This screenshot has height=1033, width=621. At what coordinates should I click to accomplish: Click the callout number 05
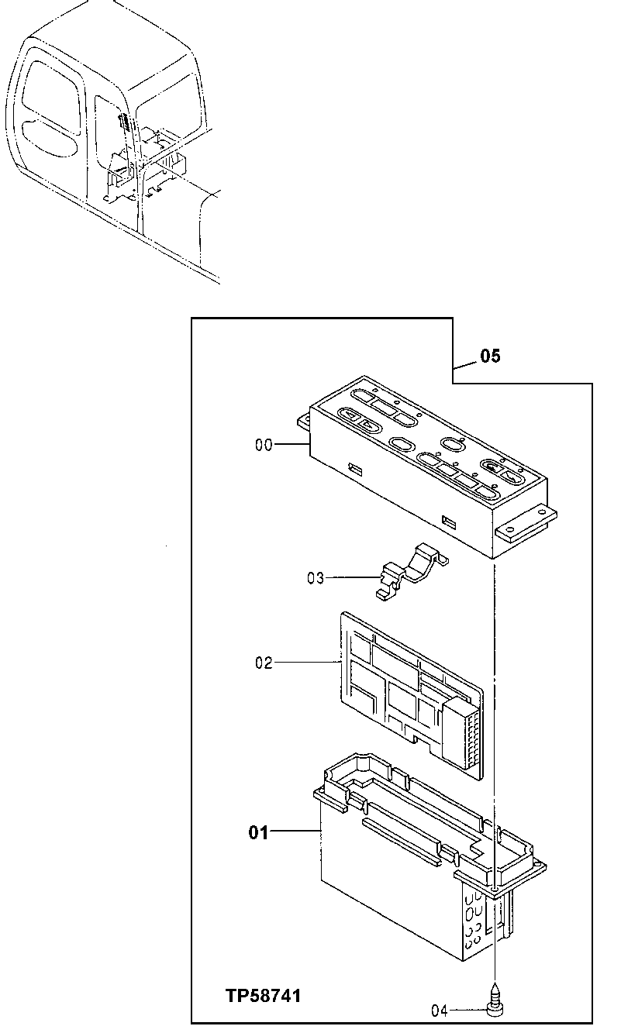click(x=490, y=356)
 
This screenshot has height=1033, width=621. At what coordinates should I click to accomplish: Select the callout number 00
click(x=264, y=445)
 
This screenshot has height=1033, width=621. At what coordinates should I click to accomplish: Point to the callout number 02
click(x=264, y=663)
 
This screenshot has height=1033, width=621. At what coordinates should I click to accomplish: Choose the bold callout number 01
click(x=258, y=833)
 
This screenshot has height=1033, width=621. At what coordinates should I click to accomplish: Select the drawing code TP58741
click(x=263, y=996)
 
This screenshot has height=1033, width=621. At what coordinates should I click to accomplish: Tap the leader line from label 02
click(x=307, y=663)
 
